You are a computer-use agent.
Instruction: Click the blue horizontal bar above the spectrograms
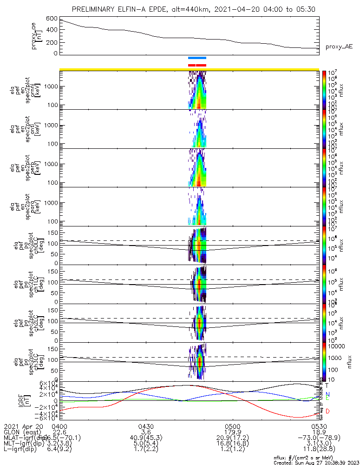coord(197,58)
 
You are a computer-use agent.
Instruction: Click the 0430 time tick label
coord(146,426)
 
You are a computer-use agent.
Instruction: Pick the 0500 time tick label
coord(232,426)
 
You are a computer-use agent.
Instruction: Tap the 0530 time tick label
coord(319,426)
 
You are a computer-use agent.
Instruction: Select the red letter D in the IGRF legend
coord(327,412)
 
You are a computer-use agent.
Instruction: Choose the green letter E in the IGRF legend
coord(327,399)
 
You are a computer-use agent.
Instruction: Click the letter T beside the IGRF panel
coord(327,385)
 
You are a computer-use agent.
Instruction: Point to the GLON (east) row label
coord(23,432)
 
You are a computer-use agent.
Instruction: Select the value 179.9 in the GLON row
coord(232,432)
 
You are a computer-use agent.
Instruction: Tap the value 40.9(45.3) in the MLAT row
coord(146,438)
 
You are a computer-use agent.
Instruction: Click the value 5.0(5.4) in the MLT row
coord(146,444)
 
